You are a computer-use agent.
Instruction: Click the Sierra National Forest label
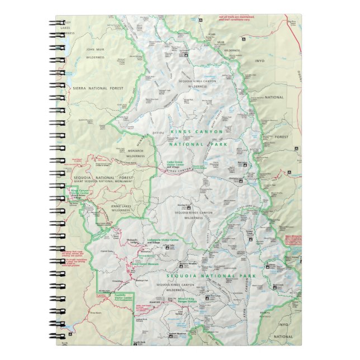[x=92, y=88]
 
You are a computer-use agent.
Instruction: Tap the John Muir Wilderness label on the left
[x=96, y=53]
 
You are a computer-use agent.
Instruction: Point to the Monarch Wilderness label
[x=131, y=154]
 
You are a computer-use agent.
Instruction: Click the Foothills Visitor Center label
[x=124, y=297]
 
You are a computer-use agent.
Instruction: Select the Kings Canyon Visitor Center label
[x=79, y=193]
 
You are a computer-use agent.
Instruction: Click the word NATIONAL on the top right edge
[x=274, y=97]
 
